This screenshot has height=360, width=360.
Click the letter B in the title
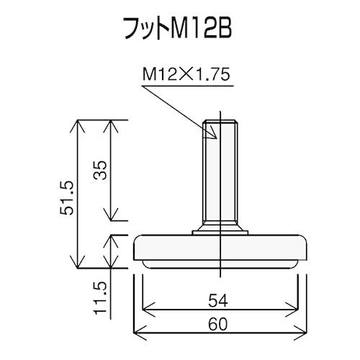227,30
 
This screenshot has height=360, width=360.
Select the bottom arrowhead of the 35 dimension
109,217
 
